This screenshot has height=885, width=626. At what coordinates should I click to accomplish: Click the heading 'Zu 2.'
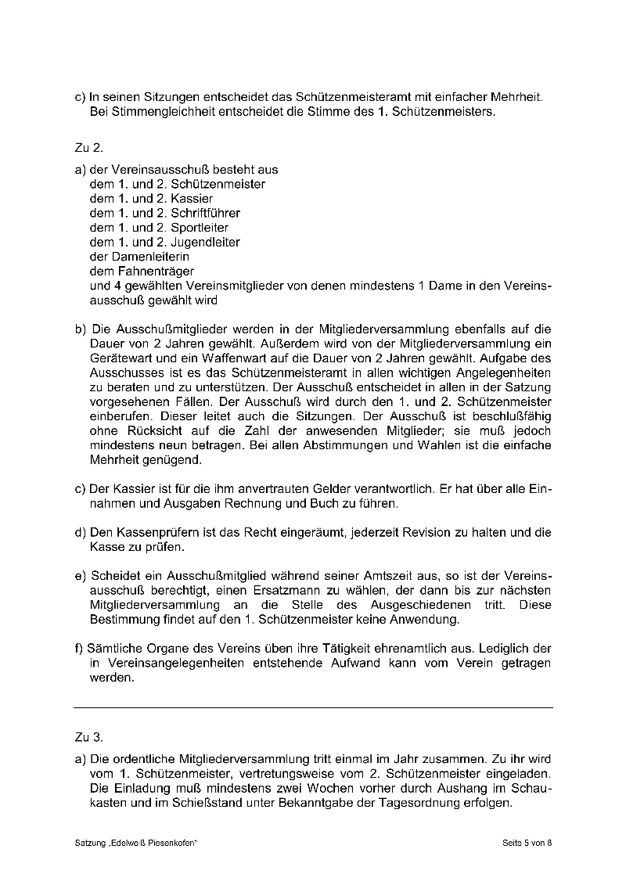click(x=88, y=147)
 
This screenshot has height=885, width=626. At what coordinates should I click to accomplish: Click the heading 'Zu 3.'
click(x=88, y=737)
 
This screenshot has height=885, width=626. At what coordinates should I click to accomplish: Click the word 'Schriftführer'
click(x=205, y=213)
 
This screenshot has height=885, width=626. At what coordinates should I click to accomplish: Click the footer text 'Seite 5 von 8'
click(x=527, y=843)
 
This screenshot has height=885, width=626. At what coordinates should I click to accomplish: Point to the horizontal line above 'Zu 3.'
click(x=313, y=707)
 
